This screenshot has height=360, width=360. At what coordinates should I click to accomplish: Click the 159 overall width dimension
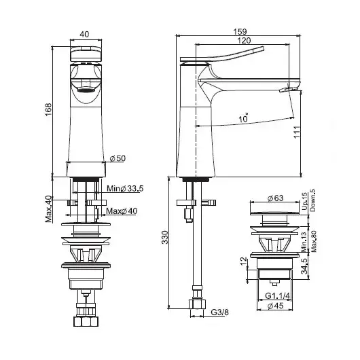tap(240, 31)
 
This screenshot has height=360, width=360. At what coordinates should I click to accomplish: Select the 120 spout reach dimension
tap(244, 41)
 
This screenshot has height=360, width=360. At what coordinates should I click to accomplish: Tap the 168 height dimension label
tap(48, 110)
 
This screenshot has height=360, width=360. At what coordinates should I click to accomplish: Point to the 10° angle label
tap(244, 118)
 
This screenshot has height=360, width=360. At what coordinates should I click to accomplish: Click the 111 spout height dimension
tap(297, 132)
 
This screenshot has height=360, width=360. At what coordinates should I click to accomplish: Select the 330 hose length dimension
tap(165, 238)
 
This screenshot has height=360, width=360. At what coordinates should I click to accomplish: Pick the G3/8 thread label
tap(219, 312)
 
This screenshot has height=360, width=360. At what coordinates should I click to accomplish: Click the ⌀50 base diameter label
tap(118, 158)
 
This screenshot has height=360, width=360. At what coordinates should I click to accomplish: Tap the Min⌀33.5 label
tap(125, 189)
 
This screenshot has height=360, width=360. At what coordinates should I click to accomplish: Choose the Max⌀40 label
tap(122, 211)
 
